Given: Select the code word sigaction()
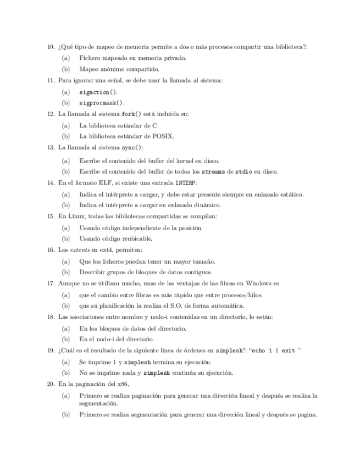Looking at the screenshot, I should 98,92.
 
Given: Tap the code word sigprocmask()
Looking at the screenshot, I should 102,103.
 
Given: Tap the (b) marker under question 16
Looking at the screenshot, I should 66,272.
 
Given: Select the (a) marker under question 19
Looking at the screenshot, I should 66,362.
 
